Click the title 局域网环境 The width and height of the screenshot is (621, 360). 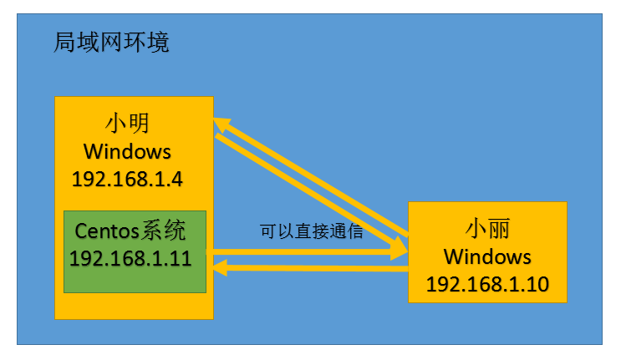tap(111, 43)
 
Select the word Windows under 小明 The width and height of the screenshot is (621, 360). tap(127, 152)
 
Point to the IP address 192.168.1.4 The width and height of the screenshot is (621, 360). tap(127, 179)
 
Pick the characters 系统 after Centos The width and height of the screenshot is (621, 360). tap(165, 231)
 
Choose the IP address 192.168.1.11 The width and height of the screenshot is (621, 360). tap(131, 258)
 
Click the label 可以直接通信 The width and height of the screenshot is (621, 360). tap(312, 231)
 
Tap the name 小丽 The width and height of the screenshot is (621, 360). tap(486, 230)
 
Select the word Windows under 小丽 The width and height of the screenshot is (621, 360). tap(487, 256)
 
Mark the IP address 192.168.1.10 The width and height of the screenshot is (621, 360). tap(487, 284)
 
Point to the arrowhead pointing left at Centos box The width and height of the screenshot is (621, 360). tap(221, 267)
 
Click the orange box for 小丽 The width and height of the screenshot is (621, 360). tap(487, 251)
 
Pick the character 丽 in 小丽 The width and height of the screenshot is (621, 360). tap(498, 230)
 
